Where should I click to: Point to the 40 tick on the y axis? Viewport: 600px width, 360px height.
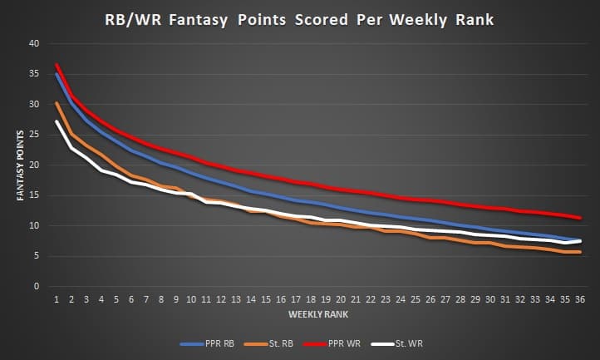coord(34,43)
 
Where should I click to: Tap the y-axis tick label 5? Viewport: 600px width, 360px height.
coord(37,256)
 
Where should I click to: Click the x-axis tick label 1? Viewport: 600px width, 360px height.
coord(57,298)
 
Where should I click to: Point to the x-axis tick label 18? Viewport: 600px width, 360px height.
coord(311,298)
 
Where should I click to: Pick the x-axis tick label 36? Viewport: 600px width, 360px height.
coord(580,298)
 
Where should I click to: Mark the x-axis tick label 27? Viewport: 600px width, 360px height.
coord(445,298)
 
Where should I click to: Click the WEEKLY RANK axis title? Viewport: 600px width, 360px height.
coord(317,315)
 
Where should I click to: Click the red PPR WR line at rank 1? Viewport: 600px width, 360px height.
coord(57,65)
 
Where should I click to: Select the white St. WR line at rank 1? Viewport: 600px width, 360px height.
coord(57,121)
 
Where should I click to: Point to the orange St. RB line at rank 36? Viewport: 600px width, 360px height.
coord(580,252)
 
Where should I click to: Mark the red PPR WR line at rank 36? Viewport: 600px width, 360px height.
coord(580,218)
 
